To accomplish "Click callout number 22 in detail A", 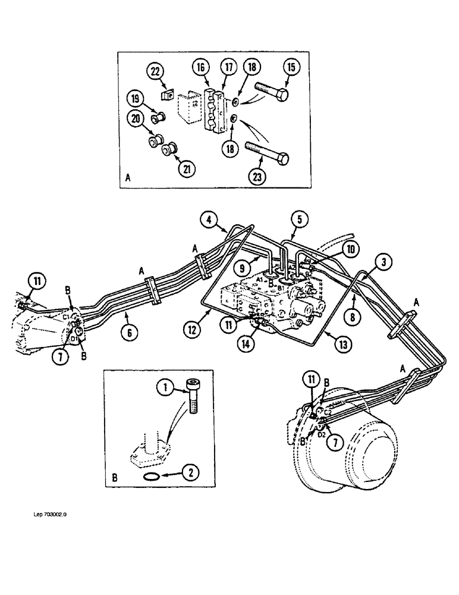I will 155,72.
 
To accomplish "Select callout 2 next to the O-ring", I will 190,474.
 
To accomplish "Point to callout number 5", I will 299,220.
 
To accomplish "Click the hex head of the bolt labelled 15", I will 284,95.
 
